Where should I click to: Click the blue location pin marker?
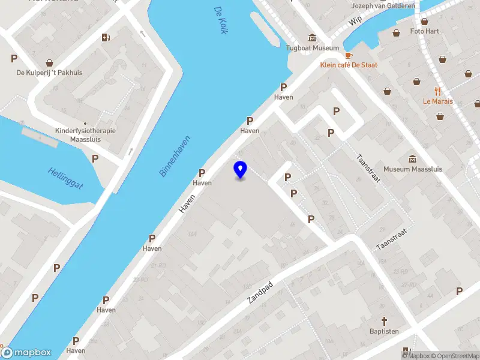coord(240,170)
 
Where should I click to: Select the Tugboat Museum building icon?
coord(312,38)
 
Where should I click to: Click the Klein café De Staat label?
coord(349,65)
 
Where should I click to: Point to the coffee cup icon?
coord(349,55)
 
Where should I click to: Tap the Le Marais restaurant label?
coord(437,101)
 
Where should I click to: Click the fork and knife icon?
coord(437,92)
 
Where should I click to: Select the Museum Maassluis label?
coord(413,169)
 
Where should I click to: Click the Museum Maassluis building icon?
coord(413,159)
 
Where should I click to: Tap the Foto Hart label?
coord(425,31)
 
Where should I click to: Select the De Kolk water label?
coord(220,20)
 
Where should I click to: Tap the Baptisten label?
coord(385,331)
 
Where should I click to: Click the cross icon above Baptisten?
coord(385,321)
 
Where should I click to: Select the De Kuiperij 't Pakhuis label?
coord(49,73)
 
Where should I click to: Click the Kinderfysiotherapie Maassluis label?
coord(85,135)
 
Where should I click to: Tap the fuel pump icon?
coord(106,38)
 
